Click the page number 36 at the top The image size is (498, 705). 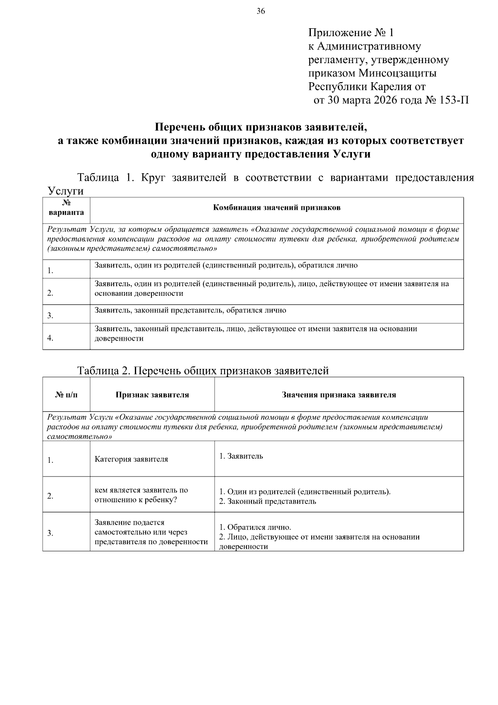pyautogui.click(x=261, y=11)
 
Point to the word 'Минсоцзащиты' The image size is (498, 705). pyautogui.click(x=398, y=74)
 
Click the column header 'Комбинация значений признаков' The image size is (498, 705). pyautogui.click(x=277, y=208)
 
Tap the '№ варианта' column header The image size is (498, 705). pyautogui.click(x=66, y=208)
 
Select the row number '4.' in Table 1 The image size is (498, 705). pyautogui.click(x=50, y=338)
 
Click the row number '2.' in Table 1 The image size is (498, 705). pyautogui.click(x=50, y=293)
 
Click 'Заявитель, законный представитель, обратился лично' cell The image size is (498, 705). pyautogui.click(x=190, y=310)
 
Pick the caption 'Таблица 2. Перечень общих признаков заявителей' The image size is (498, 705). pyautogui.click(x=203, y=370)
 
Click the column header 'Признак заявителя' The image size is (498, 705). pyautogui.click(x=152, y=395)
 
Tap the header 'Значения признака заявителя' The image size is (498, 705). pyautogui.click(x=339, y=395)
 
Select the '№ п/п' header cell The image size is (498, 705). pyautogui.click(x=66, y=395)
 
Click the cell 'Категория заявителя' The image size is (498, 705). pyautogui.click(x=131, y=459)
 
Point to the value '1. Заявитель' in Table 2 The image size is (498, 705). pyautogui.click(x=241, y=456)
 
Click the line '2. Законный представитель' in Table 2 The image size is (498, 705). pyautogui.click(x=268, y=501)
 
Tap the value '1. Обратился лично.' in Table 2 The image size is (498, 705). pyautogui.click(x=255, y=527)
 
